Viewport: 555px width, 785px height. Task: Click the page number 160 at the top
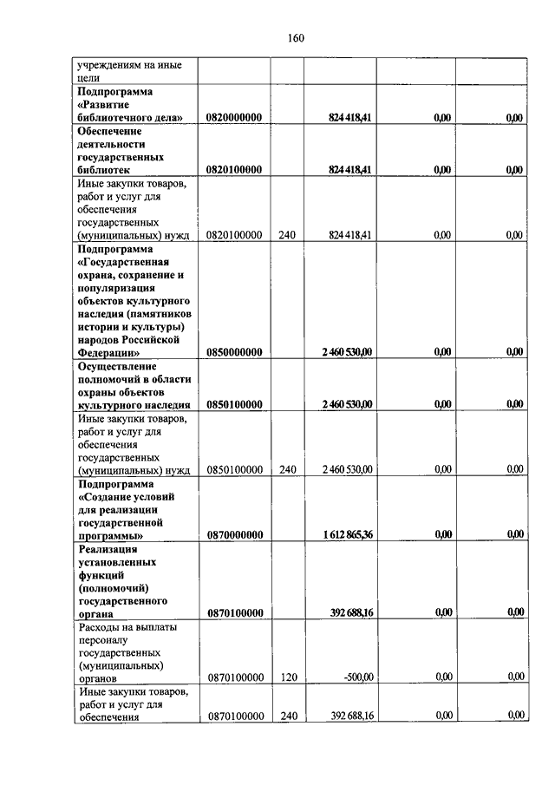295,37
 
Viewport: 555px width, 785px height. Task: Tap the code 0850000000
235,351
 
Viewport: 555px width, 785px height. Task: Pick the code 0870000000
235,534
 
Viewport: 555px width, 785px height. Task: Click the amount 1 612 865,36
345,534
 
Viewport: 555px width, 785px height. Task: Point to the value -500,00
357,677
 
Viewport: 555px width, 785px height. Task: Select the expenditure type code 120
289,677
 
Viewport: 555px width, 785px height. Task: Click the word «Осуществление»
118,365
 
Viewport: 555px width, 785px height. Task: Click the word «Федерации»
108,352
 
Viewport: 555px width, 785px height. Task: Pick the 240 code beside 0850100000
289,469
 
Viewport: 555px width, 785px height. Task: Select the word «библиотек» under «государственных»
103,170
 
